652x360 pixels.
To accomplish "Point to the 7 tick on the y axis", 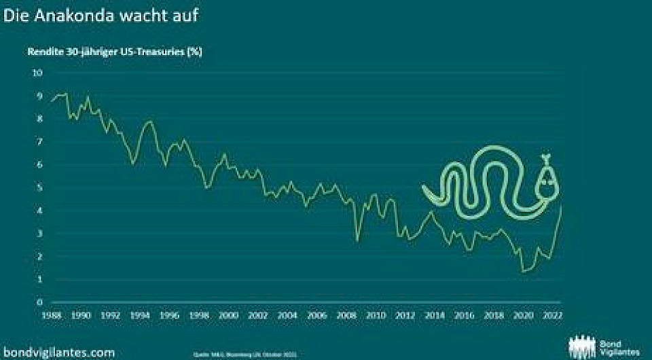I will coord(39,141).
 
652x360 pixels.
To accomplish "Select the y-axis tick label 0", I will coord(39,302).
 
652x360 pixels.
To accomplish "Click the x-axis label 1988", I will coord(52,315).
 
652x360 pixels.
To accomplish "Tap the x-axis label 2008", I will coord(346,315).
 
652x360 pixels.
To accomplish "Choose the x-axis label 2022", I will coord(552,315).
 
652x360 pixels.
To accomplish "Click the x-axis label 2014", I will coord(435,315).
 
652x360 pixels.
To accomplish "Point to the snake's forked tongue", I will coord(545,158).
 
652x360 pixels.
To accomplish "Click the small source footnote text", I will coord(255,353).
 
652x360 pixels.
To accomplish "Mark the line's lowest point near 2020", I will coord(523,272).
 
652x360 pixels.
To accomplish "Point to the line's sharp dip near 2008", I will coord(357,240).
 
